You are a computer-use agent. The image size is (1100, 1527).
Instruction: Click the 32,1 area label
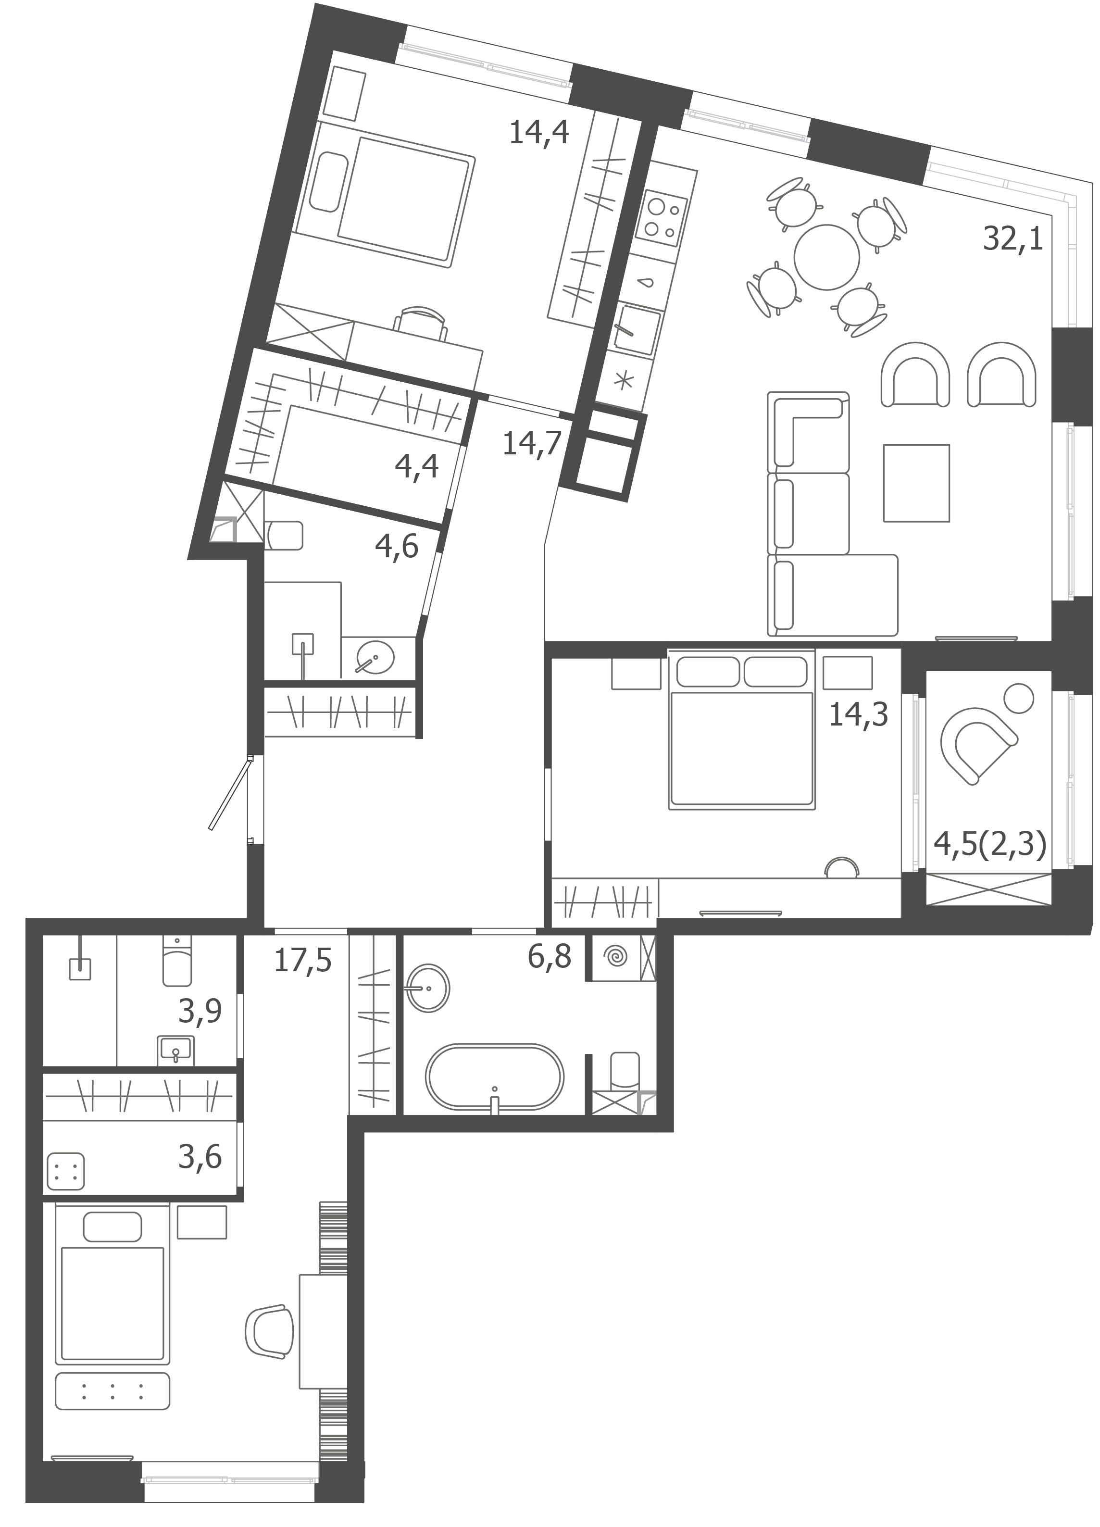coord(1012,239)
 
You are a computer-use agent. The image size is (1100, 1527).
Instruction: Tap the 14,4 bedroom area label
coord(538,132)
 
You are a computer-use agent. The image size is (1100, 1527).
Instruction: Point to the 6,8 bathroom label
coord(550,957)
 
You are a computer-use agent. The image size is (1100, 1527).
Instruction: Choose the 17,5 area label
coord(303,961)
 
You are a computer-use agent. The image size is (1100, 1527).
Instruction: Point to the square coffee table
coord(916,483)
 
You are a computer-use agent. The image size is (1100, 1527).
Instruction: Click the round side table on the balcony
coord(1018,698)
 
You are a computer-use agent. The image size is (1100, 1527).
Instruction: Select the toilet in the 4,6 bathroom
coord(284,535)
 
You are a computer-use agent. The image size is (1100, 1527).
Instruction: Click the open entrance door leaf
coord(229,793)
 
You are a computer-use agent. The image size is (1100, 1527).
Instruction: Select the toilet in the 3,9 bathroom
coord(177,962)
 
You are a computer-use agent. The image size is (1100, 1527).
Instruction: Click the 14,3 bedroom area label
coord(858,714)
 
